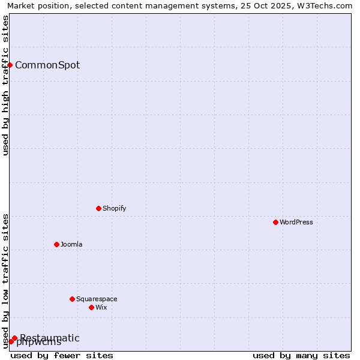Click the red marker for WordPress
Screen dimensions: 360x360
pyautogui.click(x=275, y=222)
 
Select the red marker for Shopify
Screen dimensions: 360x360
pyautogui.click(x=98, y=208)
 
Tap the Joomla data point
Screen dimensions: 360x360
pyautogui.click(x=56, y=244)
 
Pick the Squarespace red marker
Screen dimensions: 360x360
pyautogui.click(x=72, y=299)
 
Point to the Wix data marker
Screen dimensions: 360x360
pyautogui.click(x=91, y=307)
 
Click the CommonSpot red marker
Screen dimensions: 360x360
pyautogui.click(x=10, y=65)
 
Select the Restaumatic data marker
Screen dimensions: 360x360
pyautogui.click(x=14, y=338)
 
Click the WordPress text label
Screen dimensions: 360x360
pyautogui.click(x=296, y=222)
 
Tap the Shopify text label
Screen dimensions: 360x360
pyautogui.click(x=114, y=208)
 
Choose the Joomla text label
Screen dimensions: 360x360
pyautogui.click(x=71, y=244)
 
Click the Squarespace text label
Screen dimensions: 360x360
pyautogui.click(x=97, y=299)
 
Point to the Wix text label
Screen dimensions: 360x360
pyautogui.click(x=101, y=307)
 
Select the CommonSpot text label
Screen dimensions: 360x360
pyautogui.click(x=47, y=65)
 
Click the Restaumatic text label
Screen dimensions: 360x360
pyautogui.click(x=49, y=338)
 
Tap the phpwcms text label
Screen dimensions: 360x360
pyautogui.click(x=40, y=343)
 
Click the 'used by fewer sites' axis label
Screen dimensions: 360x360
pyautogui.click(x=62, y=355)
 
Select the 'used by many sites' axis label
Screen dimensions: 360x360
pyautogui.click(x=301, y=355)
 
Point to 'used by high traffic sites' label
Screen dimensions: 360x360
pyautogui.click(x=5, y=85)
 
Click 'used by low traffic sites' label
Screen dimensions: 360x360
pyautogui.click(x=5, y=280)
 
